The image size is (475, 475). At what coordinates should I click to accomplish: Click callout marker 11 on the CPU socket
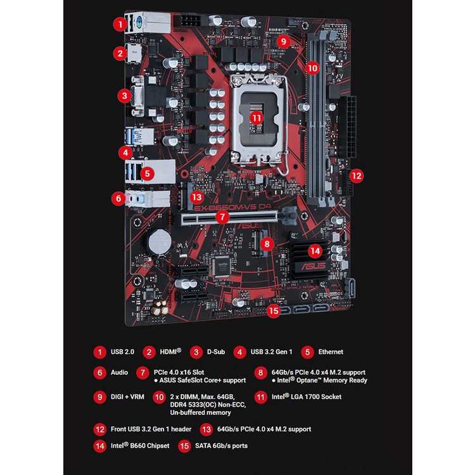pyautogui.click(x=256, y=118)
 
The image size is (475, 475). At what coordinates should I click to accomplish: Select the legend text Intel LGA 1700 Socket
pyautogui.click(x=307, y=397)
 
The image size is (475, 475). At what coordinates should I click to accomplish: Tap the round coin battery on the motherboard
pyautogui.click(x=158, y=241)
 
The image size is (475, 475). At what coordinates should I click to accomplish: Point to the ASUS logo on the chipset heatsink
pyautogui.click(x=312, y=266)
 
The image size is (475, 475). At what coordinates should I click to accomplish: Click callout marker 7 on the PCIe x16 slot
pyautogui.click(x=222, y=217)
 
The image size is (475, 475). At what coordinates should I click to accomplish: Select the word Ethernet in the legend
pyautogui.click(x=331, y=351)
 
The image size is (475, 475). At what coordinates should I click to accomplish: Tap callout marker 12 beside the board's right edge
pyautogui.click(x=357, y=175)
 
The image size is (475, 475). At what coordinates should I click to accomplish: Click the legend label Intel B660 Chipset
pyautogui.click(x=141, y=446)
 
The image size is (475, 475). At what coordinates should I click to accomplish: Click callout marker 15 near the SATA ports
pyautogui.click(x=273, y=310)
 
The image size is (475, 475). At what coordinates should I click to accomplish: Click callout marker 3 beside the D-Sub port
pyautogui.click(x=124, y=96)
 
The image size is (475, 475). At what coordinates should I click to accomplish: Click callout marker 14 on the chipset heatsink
pyautogui.click(x=315, y=251)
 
